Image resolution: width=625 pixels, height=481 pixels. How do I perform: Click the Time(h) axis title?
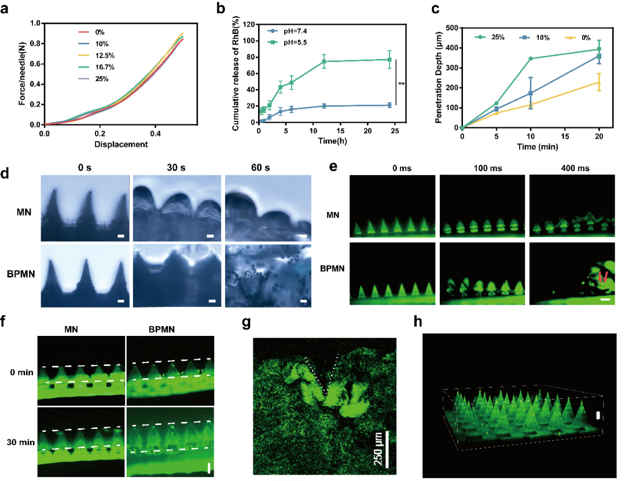(327, 140)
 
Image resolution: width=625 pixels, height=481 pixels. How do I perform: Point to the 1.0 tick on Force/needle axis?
(35, 24)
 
